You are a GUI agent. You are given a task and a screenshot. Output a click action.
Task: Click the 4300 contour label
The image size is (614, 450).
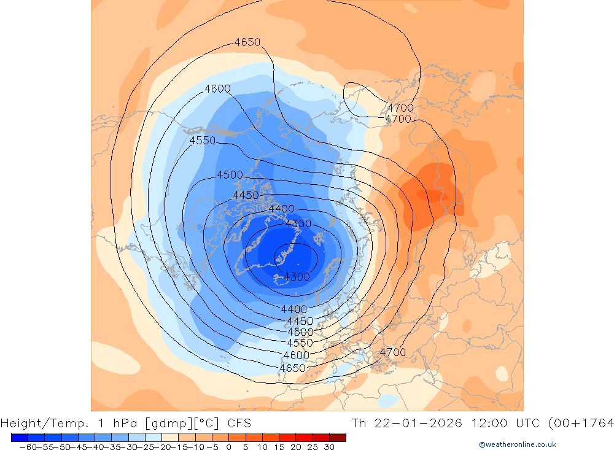tap(297, 277)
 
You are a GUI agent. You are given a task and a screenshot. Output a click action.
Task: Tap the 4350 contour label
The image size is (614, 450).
tap(298, 223)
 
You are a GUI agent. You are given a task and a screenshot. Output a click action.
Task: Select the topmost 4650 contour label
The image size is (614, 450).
tap(247, 42)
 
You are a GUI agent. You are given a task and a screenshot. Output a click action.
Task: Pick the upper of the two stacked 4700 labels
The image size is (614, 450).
tap(400, 108)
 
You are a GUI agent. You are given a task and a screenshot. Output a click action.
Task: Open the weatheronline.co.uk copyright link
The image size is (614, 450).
tap(517, 444)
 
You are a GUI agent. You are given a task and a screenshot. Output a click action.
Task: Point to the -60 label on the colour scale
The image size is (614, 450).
tap(27, 447)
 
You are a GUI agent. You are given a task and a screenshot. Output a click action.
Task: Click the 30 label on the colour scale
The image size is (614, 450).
tap(329, 447)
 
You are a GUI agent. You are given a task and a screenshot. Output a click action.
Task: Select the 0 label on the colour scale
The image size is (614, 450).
tap(228, 447)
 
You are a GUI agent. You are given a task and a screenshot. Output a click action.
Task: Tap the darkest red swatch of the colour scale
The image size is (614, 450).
tap(337, 437)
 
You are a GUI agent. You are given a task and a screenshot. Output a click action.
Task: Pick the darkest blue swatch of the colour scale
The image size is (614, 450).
tap(19, 437)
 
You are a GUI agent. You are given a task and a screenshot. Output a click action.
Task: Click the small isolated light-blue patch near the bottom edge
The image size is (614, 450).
tap(387, 400)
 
